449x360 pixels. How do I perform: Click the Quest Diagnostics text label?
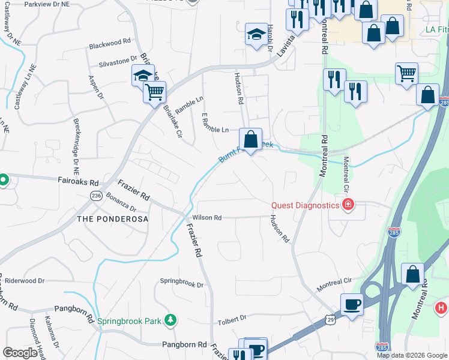[306, 205]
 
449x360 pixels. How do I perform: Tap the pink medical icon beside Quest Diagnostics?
[348, 205]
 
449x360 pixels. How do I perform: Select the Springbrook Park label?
[129, 321]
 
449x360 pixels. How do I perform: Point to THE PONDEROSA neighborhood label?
[112, 219]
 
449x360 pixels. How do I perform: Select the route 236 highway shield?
[96, 196]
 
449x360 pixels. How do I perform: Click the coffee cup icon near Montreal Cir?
[351, 303]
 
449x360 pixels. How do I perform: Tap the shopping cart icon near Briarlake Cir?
[154, 92]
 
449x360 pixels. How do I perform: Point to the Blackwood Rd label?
[110, 43]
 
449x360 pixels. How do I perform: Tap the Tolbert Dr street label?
[232, 318]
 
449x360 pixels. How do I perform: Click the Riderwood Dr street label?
[25, 280]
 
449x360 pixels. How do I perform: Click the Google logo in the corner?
[20, 352]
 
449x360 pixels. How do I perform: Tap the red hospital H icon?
[441, 308]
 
